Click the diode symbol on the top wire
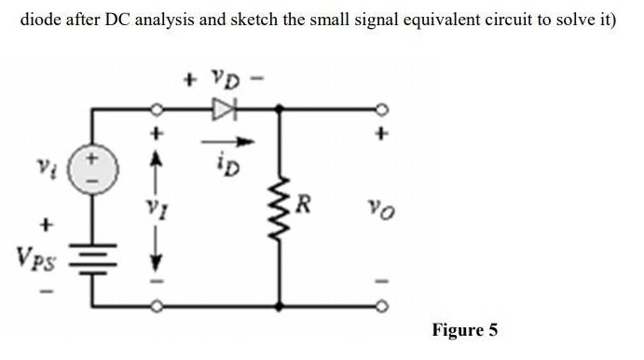pyautogui.click(x=222, y=107)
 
